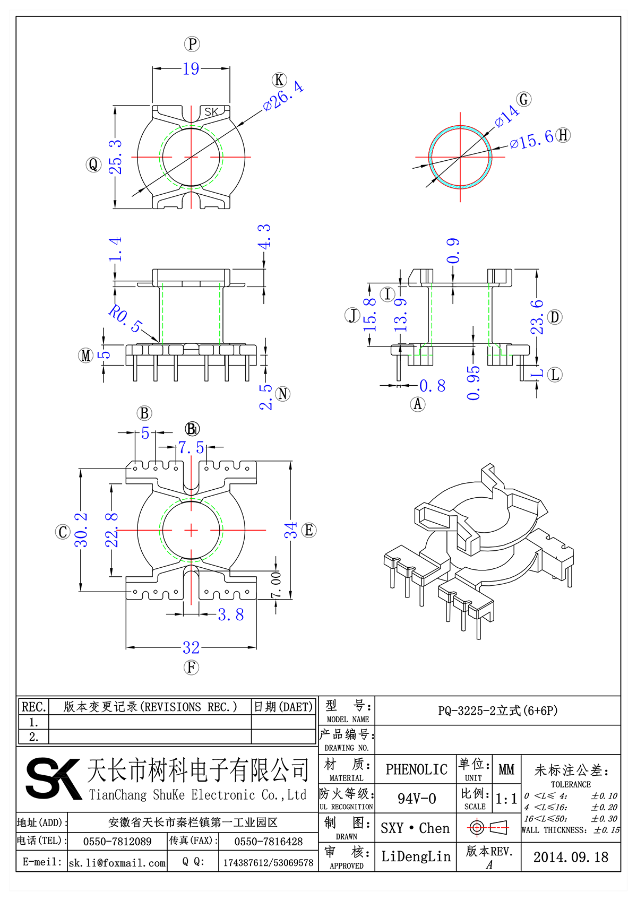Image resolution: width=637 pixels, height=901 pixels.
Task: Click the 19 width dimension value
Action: [x=191, y=69]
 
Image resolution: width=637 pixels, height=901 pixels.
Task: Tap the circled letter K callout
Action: [x=279, y=80]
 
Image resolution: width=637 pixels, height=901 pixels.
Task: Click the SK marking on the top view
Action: [x=211, y=112]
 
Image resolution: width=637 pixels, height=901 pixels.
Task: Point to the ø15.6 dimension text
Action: [x=532, y=140]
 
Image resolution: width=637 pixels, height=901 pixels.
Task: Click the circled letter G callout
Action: [x=524, y=99]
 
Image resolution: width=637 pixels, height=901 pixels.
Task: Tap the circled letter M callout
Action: [x=86, y=356]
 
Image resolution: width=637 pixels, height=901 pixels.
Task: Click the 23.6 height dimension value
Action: [x=537, y=317]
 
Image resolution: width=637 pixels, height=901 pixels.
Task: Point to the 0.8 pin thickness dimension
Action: [x=432, y=386]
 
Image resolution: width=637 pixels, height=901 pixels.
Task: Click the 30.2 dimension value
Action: [x=81, y=530]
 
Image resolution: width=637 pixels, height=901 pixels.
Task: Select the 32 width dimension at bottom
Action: [x=191, y=647]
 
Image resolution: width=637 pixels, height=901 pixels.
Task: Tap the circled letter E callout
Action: [x=309, y=530]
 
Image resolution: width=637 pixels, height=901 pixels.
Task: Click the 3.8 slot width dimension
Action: [x=231, y=614]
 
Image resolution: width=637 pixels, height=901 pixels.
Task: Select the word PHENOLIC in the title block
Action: [x=416, y=769]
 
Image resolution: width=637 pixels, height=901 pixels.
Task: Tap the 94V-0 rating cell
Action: [x=416, y=799]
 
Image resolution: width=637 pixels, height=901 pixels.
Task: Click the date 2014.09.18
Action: [x=571, y=857]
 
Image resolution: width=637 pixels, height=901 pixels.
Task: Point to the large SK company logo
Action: [x=53, y=778]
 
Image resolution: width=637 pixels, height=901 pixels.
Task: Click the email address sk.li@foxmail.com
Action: [x=117, y=863]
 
